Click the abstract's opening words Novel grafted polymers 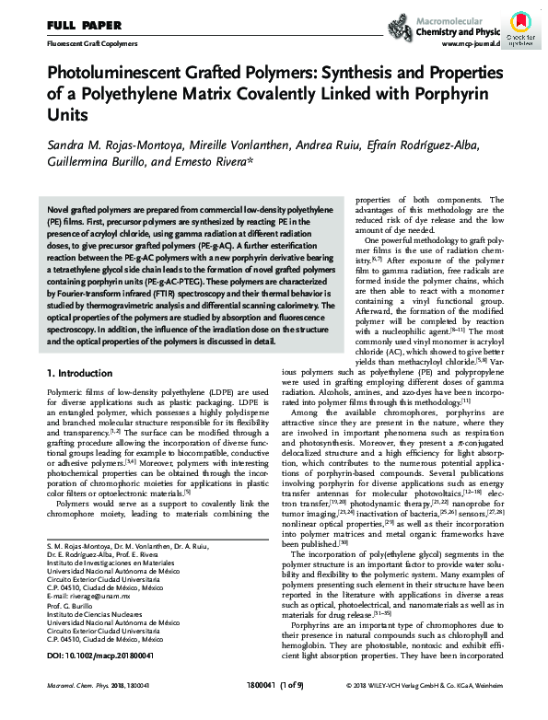[92, 211]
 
